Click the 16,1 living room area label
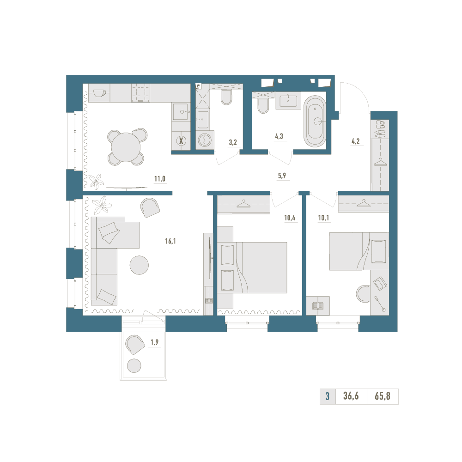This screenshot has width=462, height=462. click(x=170, y=241)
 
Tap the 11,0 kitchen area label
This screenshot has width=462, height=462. click(x=160, y=178)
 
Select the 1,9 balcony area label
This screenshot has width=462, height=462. click(x=154, y=342)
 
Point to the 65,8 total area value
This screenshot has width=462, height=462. click(x=383, y=396)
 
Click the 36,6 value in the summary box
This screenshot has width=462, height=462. click(x=351, y=396)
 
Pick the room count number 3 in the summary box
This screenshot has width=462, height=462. click(x=328, y=396)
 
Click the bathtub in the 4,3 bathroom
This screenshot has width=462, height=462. click(x=315, y=121)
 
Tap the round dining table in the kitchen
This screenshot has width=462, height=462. click(x=126, y=147)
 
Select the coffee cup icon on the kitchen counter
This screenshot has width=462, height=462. click(x=100, y=93)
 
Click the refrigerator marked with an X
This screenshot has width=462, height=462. click(x=181, y=141)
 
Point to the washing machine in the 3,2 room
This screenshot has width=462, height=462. click(x=203, y=140)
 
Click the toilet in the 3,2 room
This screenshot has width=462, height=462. click(x=226, y=97)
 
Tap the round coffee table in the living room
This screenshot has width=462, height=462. click(x=139, y=265)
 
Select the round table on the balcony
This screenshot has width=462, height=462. click(x=134, y=365)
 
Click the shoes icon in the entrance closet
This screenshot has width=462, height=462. click(x=380, y=128)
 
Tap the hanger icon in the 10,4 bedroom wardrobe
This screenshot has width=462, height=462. click(x=243, y=204)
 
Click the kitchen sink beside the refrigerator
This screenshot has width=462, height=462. click(x=180, y=112)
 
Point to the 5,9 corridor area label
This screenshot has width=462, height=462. click(x=282, y=176)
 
